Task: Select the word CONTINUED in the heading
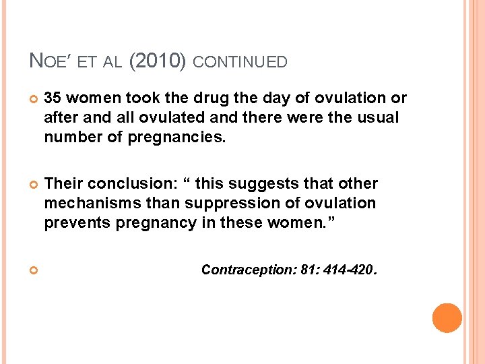click(x=240, y=62)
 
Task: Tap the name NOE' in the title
click(x=51, y=61)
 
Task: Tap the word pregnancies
click(x=181, y=138)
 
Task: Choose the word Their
click(x=63, y=184)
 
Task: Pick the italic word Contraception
click(x=240, y=270)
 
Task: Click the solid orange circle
click(x=447, y=318)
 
